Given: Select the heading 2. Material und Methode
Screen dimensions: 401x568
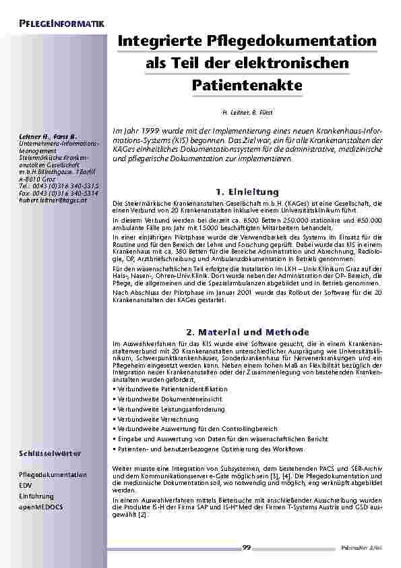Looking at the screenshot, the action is [x=247, y=332].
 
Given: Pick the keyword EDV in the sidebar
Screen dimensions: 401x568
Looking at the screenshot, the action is [x=25, y=485].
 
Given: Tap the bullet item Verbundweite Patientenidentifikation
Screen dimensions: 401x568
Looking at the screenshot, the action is [x=172, y=389].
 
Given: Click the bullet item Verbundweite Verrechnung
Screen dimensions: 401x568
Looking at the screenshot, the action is [x=155, y=418].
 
